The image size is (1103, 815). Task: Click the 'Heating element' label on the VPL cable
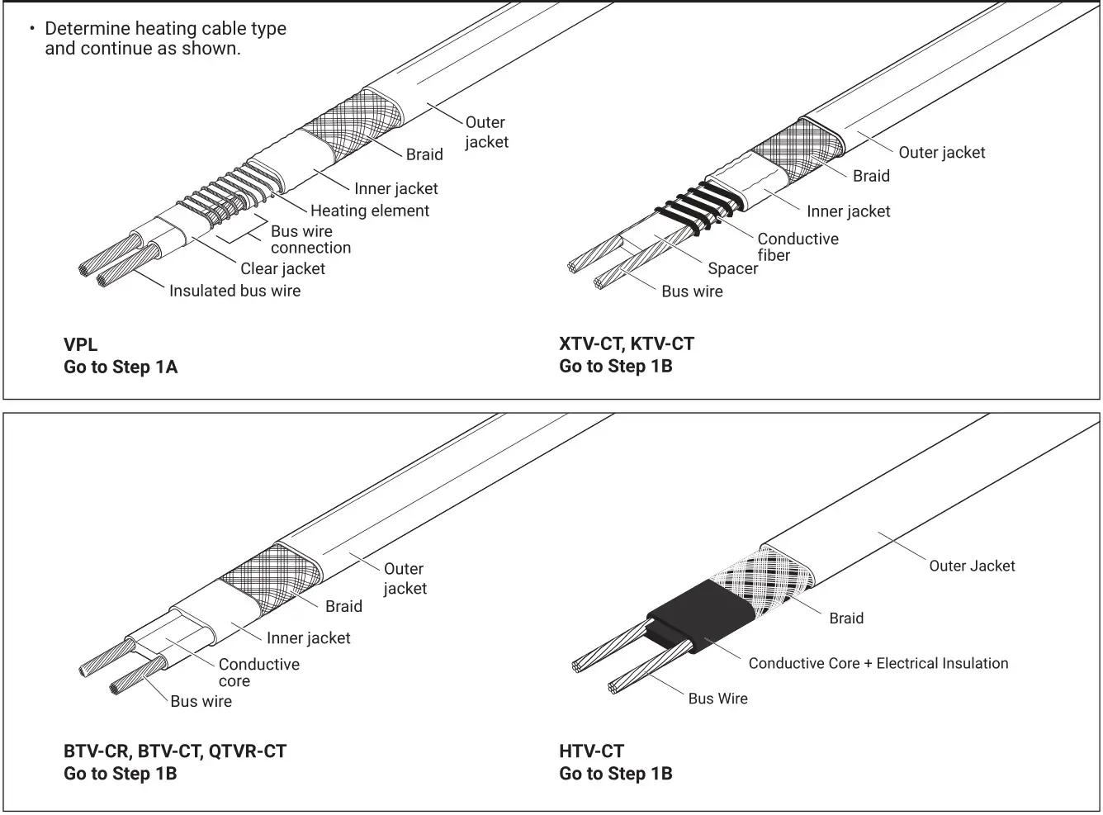369,211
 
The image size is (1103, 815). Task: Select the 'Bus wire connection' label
310,239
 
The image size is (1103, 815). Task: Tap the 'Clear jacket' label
282,268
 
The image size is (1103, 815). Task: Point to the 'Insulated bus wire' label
234,291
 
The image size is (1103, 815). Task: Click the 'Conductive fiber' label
798,247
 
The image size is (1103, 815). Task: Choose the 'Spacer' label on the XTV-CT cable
732,268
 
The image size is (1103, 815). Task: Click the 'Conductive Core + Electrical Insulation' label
878,663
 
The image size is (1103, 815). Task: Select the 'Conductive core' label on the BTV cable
258,672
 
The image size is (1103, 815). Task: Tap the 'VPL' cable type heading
80,344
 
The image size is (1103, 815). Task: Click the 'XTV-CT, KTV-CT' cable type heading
627,344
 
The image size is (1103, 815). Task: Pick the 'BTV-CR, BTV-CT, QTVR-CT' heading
175,751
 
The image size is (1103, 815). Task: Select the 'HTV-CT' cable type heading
591,751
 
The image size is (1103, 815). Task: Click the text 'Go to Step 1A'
121,367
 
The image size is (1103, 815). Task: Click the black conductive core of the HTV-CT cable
702,615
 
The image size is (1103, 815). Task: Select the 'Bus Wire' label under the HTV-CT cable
717,699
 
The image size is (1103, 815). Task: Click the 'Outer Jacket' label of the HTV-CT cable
972,566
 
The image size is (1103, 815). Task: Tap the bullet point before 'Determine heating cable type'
32,29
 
